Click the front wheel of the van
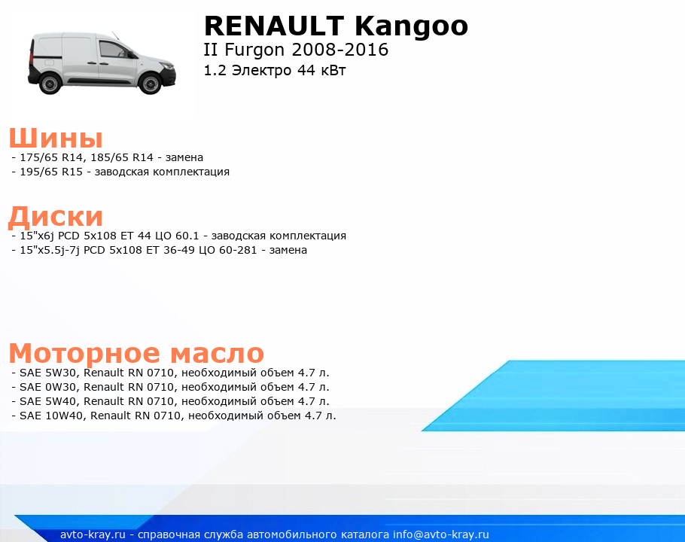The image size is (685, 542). coord(150,83)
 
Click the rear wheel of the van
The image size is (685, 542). coord(50,83)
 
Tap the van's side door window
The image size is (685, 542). coord(113,50)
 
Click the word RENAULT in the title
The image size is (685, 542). coord(274,26)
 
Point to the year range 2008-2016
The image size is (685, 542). coord(340,50)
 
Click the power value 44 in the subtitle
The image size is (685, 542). coord(306,70)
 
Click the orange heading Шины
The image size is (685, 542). coord(56,138)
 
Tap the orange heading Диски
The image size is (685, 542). coord(56,216)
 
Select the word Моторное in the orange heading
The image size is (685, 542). coord(84,353)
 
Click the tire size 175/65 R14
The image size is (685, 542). coord(51,157)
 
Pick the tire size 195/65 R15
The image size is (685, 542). coord(51,172)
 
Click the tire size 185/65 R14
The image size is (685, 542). coord(122,157)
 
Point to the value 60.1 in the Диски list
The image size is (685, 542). coord(187,236)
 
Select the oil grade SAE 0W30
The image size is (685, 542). coord(48,387)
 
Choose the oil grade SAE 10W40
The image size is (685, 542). coord(51,416)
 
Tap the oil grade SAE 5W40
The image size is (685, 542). coord(48,401)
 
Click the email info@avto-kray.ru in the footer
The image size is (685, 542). coord(441,534)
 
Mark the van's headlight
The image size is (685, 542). coord(166,66)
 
